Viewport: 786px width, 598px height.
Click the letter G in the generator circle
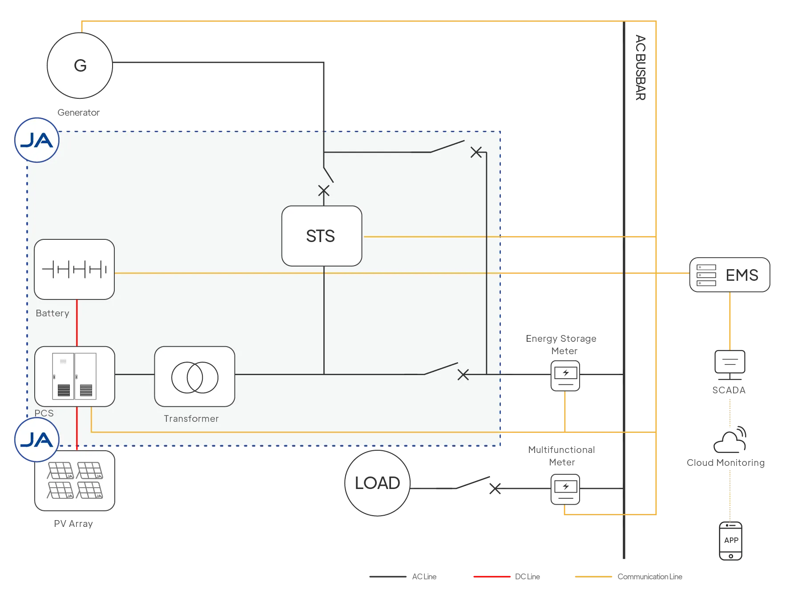click(x=80, y=66)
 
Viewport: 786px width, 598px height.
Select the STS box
click(x=322, y=236)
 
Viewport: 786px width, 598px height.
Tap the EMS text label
click(x=742, y=275)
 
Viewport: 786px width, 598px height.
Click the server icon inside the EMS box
click(x=706, y=275)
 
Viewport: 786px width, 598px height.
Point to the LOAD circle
click(x=377, y=483)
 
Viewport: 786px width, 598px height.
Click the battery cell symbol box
click(x=74, y=269)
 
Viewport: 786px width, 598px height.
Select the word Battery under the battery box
click(x=52, y=313)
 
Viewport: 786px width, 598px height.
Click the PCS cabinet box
click(x=75, y=376)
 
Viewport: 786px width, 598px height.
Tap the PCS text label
click(x=44, y=413)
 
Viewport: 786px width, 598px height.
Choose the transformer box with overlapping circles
click(x=194, y=376)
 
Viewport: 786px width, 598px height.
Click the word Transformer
click(x=191, y=419)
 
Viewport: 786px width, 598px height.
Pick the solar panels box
click(x=75, y=481)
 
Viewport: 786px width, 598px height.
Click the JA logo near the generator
click(x=37, y=140)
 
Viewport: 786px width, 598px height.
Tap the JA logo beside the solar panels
click(x=37, y=440)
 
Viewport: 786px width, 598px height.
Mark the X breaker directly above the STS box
click(x=324, y=191)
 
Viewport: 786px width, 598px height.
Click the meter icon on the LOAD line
click(x=565, y=489)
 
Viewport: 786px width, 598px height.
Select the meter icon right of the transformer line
click(x=565, y=376)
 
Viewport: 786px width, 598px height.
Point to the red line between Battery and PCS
click(x=77, y=323)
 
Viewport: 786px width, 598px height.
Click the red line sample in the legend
click(x=492, y=577)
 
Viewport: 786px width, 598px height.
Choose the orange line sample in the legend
click(x=594, y=577)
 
